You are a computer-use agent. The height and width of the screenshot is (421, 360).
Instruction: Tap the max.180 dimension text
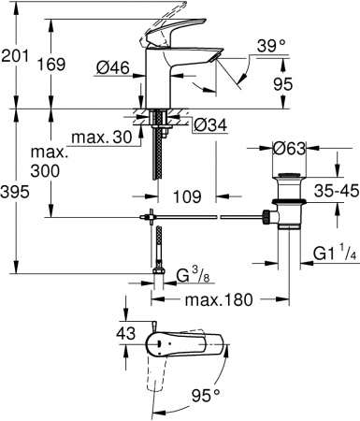219,299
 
